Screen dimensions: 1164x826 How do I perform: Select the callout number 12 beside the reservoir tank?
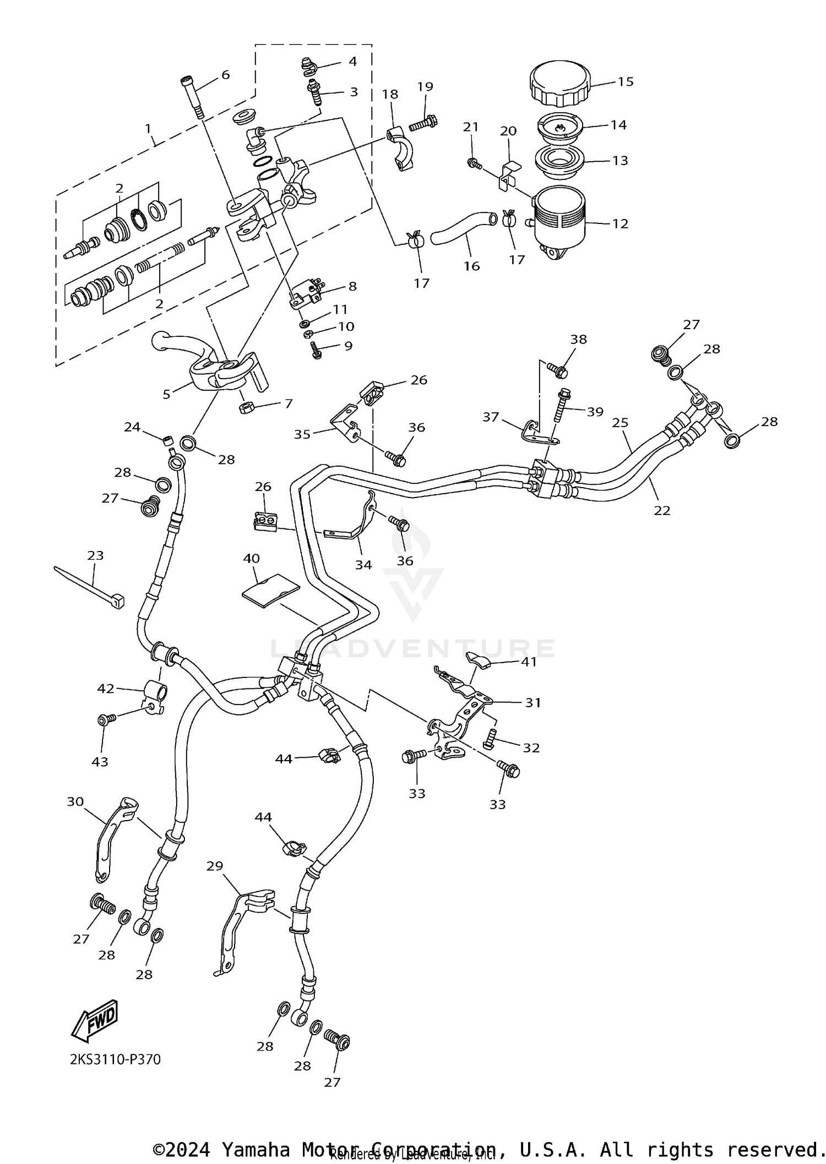click(x=620, y=224)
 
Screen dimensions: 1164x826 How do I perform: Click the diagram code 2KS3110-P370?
click(x=115, y=1059)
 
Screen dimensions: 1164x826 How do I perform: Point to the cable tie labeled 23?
click(x=91, y=587)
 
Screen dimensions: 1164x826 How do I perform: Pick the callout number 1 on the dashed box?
click(x=148, y=128)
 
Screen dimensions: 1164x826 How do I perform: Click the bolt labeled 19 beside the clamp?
click(x=422, y=122)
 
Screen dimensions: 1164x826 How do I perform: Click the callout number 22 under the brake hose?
click(x=662, y=510)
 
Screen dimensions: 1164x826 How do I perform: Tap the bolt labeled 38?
click(x=558, y=371)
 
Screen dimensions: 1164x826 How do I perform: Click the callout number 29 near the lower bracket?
click(x=215, y=866)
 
